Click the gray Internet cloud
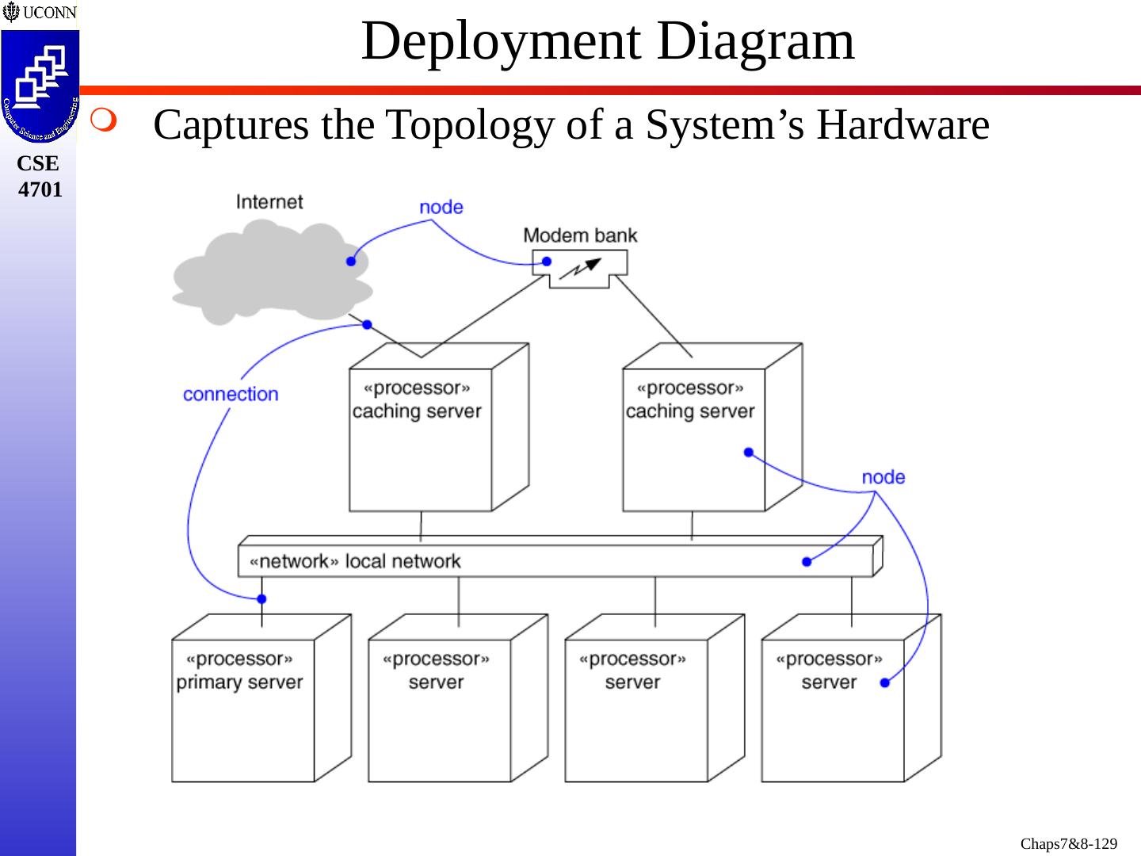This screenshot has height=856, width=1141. tap(269, 269)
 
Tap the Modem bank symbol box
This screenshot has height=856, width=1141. tap(580, 268)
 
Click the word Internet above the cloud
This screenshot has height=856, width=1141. tap(269, 201)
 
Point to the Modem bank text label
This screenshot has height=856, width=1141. tap(580, 235)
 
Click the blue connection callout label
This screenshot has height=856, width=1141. tap(231, 394)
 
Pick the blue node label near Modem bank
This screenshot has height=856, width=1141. tap(441, 207)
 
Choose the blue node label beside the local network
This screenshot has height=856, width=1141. tap(883, 477)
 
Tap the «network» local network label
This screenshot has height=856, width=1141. tap(354, 561)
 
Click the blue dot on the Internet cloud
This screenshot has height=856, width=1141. tap(351, 261)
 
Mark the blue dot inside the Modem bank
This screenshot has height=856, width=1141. tap(547, 261)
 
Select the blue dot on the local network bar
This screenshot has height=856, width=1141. tap(807, 561)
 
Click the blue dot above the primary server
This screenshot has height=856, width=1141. tap(262, 598)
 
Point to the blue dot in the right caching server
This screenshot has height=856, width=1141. tap(749, 452)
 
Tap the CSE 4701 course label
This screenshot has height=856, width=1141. tap(40, 176)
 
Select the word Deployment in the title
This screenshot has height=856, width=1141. tap(503, 41)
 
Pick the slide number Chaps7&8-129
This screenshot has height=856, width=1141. tap(1069, 844)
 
